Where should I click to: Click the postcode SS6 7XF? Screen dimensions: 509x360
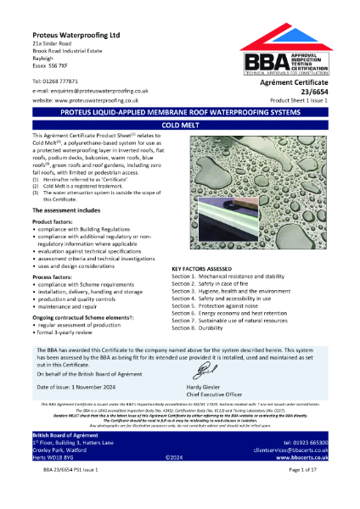coord(61,60)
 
